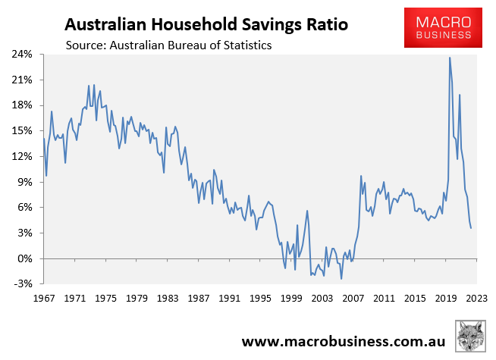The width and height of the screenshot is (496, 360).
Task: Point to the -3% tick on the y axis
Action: pyautogui.click(x=23, y=284)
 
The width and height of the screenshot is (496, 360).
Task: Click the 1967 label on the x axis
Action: pyautogui.click(x=45, y=299)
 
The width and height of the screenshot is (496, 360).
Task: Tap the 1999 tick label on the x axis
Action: pyautogui.click(x=290, y=299)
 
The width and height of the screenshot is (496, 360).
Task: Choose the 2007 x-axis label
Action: pyautogui.click(x=353, y=299)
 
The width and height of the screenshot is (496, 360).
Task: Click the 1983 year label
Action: pyautogui.click(x=168, y=299)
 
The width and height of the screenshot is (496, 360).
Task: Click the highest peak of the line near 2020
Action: pyautogui.click(x=450, y=58)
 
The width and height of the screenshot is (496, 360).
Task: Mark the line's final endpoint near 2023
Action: pyautogui.click(x=471, y=228)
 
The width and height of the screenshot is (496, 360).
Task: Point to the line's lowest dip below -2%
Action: pyautogui.click(x=341, y=279)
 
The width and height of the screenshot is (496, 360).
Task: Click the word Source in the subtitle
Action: pyautogui.click(x=86, y=45)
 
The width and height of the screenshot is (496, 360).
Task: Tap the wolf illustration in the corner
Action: pyautogui.click(x=470, y=337)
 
